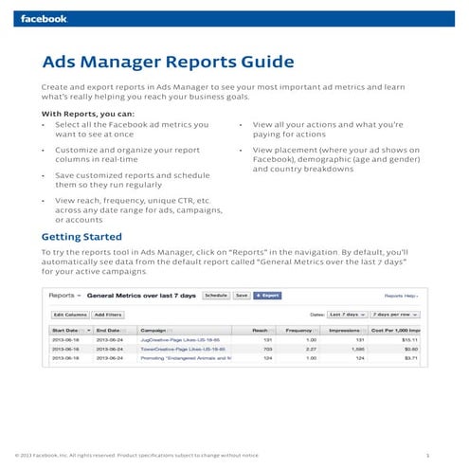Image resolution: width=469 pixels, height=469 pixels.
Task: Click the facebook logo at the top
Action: (x=45, y=18)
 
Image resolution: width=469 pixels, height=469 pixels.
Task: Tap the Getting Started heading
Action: (x=81, y=236)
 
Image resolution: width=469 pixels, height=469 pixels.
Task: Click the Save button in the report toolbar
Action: (x=241, y=296)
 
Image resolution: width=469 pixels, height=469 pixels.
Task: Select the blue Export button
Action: (x=266, y=296)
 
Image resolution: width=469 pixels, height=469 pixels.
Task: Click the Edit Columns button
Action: (x=70, y=314)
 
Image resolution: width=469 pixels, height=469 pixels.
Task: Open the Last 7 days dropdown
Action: (x=348, y=314)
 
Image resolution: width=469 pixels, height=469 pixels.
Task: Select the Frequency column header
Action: (x=305, y=330)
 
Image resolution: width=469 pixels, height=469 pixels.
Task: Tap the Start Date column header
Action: (x=67, y=330)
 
